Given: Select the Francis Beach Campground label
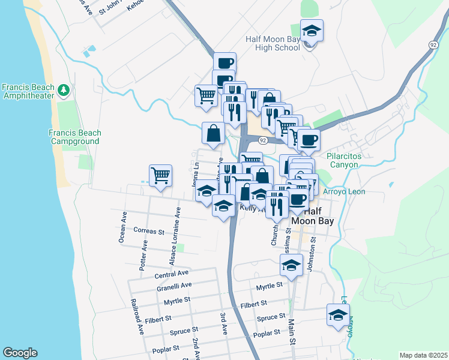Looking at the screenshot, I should [75, 137].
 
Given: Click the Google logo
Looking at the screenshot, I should [20, 353].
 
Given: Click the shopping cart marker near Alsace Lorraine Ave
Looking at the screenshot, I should [160, 176].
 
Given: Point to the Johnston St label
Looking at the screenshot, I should [311, 256].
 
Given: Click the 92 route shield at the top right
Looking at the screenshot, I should [433, 44].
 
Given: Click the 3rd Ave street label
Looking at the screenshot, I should [223, 323].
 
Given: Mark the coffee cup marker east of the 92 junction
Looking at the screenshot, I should [309, 141].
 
